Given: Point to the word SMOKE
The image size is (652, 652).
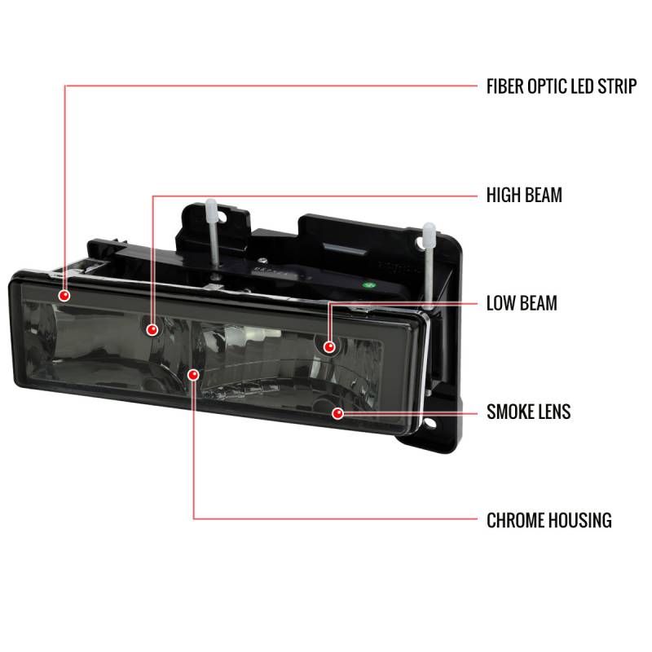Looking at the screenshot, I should click(x=512, y=412).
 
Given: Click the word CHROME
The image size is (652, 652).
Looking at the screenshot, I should click(x=518, y=519).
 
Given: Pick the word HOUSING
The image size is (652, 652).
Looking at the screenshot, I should click(x=582, y=519).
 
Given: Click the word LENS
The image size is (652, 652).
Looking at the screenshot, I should click(x=556, y=412).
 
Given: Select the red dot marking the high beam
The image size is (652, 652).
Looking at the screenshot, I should click(x=152, y=329).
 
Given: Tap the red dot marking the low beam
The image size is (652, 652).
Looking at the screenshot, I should click(x=329, y=346).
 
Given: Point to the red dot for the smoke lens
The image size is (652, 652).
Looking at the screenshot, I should click(x=337, y=414).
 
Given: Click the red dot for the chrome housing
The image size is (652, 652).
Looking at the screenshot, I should click(x=193, y=374).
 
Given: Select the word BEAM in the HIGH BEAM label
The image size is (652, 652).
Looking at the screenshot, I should click(x=544, y=196).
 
